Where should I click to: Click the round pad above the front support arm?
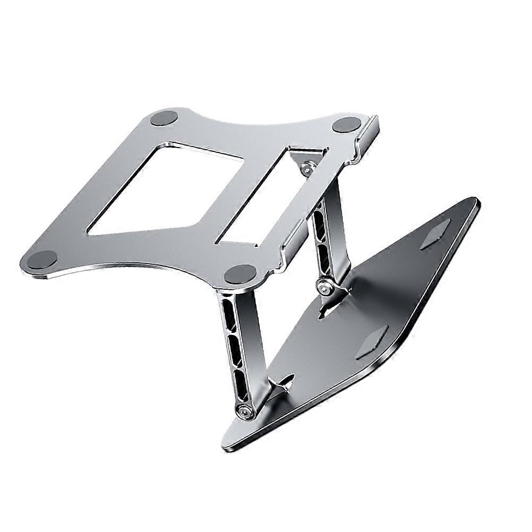[x=241, y=274]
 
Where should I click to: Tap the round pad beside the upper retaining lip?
[x=347, y=125]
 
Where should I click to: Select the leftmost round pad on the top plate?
[x=42, y=260]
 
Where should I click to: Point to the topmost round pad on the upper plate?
[x=164, y=118]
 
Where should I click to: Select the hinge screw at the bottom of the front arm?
[x=245, y=410]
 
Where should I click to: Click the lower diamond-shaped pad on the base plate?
[x=372, y=343]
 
